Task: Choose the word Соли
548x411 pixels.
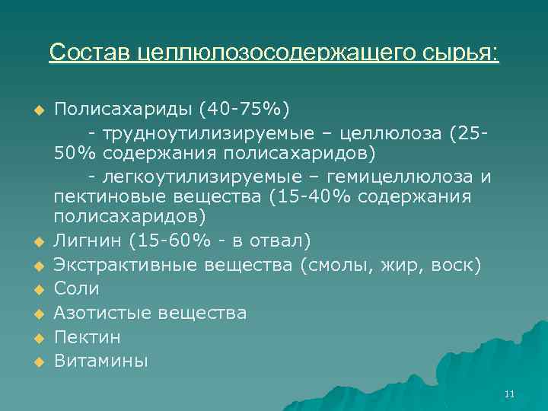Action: point(77,289)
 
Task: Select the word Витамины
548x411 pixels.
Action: point(101,361)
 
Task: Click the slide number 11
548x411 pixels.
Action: point(509,393)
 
